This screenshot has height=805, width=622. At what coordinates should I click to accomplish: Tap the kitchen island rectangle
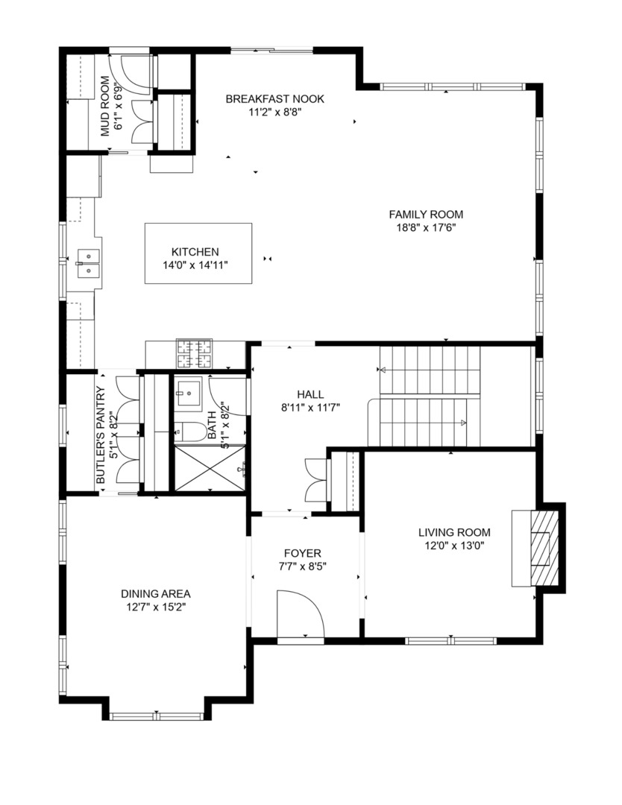[x=198, y=253]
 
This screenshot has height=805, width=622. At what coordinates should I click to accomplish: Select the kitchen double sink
[x=87, y=263]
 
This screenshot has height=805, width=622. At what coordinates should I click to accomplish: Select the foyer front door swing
[x=299, y=614]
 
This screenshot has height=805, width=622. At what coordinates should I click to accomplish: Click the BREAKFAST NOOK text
[x=274, y=98]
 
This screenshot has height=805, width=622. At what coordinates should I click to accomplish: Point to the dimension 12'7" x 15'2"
[x=156, y=607]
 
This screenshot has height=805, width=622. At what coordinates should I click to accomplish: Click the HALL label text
[x=310, y=394]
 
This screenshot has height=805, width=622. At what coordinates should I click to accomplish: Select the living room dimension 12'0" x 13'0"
[x=453, y=546]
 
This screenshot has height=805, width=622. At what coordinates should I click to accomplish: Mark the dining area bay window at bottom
[x=156, y=716]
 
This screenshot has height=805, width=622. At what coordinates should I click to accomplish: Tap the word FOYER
[x=303, y=553]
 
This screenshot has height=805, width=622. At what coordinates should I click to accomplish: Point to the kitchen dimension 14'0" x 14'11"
[x=195, y=265]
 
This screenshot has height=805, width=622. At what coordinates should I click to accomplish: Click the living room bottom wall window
[x=451, y=640]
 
